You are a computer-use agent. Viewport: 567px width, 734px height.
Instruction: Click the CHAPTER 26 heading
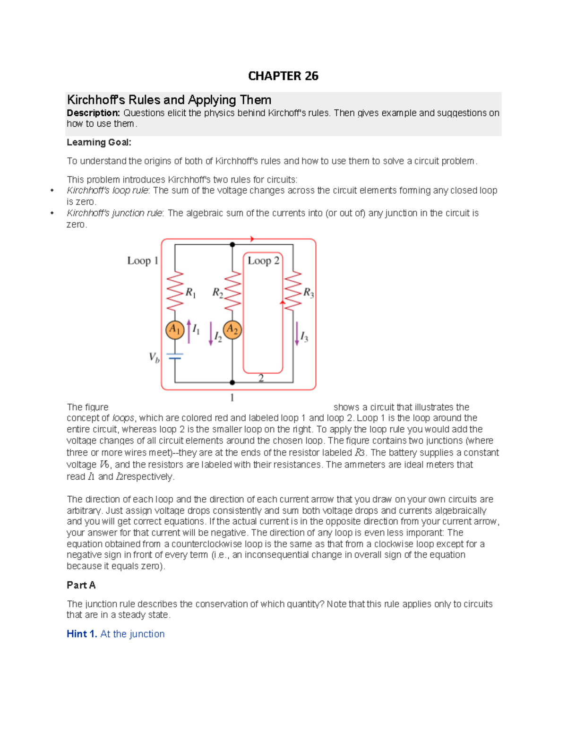click(x=283, y=76)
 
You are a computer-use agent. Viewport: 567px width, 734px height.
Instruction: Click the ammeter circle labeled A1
click(x=175, y=330)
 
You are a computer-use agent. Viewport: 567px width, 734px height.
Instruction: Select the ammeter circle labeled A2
click(x=232, y=330)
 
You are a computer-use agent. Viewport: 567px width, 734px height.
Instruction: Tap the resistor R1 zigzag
click(x=175, y=291)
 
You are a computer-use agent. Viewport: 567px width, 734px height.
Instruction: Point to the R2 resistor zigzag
click(x=232, y=291)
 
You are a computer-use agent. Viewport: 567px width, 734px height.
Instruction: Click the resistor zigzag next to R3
click(x=293, y=290)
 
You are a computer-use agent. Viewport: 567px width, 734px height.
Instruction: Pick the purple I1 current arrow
click(x=189, y=331)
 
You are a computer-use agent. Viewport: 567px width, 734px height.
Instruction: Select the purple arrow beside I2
click(x=211, y=334)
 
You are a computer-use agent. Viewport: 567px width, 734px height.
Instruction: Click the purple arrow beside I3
click(x=297, y=334)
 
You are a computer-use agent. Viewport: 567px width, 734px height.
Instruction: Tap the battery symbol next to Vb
click(x=175, y=356)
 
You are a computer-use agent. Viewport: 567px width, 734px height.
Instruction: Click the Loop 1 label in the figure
click(x=142, y=261)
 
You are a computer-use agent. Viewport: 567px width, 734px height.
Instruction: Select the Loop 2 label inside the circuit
click(x=263, y=261)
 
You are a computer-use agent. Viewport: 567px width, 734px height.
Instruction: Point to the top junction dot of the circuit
click(x=232, y=245)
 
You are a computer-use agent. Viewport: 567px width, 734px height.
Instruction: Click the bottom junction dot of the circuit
click(x=232, y=382)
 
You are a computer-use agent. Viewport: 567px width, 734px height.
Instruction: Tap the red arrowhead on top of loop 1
click(x=252, y=239)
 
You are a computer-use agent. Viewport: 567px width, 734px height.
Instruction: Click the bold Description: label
click(x=93, y=113)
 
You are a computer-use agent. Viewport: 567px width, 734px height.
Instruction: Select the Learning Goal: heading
click(x=99, y=142)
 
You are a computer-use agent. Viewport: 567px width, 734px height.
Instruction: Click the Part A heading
click(x=81, y=585)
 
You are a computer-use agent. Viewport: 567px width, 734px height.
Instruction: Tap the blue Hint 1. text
click(x=82, y=634)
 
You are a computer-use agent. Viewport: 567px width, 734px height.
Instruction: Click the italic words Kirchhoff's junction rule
click(x=114, y=213)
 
